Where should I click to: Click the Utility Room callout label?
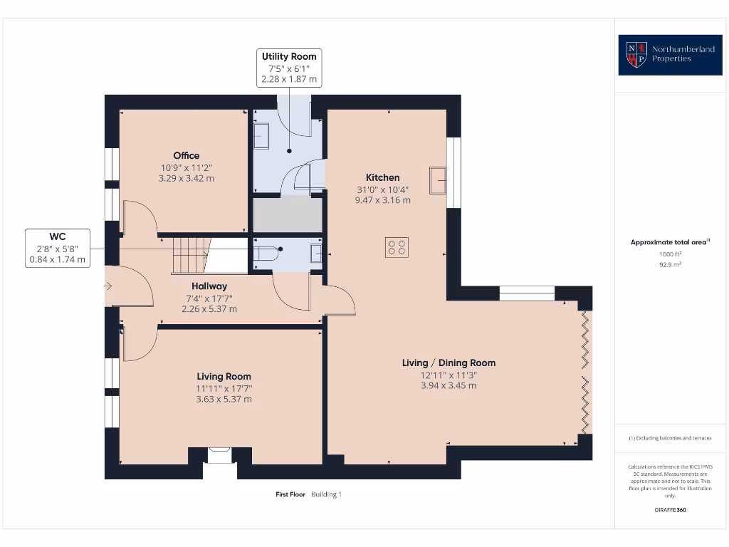click(289, 68)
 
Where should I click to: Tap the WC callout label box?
click(58, 248)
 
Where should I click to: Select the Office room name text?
click(187, 155)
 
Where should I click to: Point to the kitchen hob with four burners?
click(397, 247)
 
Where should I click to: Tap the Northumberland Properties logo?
click(670, 55)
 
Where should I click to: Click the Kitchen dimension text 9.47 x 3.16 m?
click(382, 200)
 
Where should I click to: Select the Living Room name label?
click(224, 376)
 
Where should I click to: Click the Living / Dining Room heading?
click(449, 363)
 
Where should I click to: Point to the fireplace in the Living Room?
click(219, 455)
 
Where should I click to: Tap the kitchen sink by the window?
click(438, 180)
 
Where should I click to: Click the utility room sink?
click(261, 136)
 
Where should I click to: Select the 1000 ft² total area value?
click(670, 254)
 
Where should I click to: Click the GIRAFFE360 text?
click(670, 510)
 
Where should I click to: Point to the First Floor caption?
click(290, 494)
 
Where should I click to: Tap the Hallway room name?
click(209, 286)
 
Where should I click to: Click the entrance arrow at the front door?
click(108, 286)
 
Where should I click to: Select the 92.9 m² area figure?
click(670, 265)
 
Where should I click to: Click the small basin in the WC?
click(316, 254)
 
